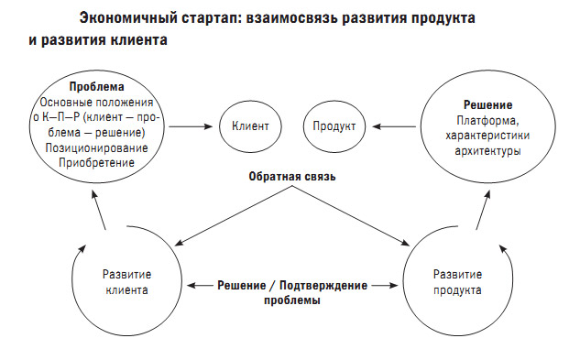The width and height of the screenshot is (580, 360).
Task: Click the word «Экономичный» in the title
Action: click(122, 18)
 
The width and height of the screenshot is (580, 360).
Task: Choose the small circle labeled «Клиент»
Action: click(249, 126)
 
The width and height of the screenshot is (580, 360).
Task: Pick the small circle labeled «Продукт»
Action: click(334, 126)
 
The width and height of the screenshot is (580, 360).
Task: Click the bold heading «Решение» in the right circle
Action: click(482, 104)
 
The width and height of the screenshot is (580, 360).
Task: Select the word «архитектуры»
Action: click(482, 150)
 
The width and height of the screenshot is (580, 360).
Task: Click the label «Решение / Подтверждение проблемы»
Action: click(291, 292)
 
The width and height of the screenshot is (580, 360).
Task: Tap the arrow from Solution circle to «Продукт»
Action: click(393, 126)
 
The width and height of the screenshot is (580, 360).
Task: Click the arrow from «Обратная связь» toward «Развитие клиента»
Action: click(229, 216)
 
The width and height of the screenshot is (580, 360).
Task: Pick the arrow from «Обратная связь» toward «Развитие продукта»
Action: click(354, 216)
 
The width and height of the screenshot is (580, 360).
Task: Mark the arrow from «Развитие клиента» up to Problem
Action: click(102, 214)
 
